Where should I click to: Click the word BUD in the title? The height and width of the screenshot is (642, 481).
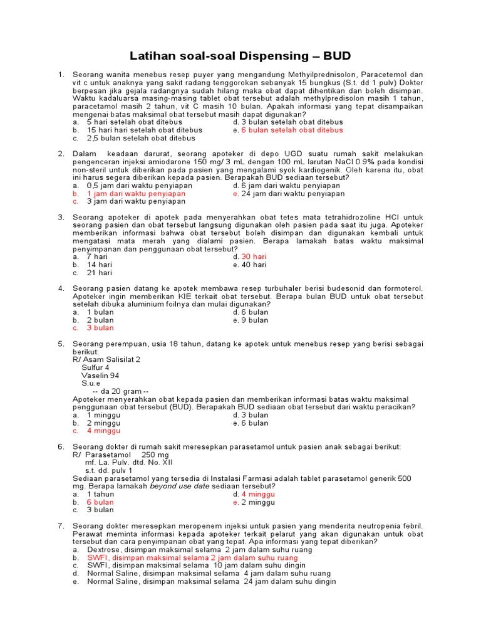(337, 55)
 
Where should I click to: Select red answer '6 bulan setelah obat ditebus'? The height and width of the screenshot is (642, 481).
(292, 130)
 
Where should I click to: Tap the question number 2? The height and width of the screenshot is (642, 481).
(61, 154)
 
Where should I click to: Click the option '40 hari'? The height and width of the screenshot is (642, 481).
(254, 265)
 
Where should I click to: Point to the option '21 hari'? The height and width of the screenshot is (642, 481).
(99, 273)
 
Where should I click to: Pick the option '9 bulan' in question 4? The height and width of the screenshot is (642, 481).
(255, 320)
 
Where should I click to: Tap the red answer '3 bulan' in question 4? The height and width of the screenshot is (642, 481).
(100, 328)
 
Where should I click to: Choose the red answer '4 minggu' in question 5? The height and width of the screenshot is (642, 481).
(103, 431)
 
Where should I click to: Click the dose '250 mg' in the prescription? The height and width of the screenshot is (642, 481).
(155, 455)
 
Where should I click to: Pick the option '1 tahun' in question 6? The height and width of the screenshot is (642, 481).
(100, 494)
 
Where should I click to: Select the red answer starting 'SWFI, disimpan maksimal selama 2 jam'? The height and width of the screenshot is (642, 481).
(192, 557)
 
